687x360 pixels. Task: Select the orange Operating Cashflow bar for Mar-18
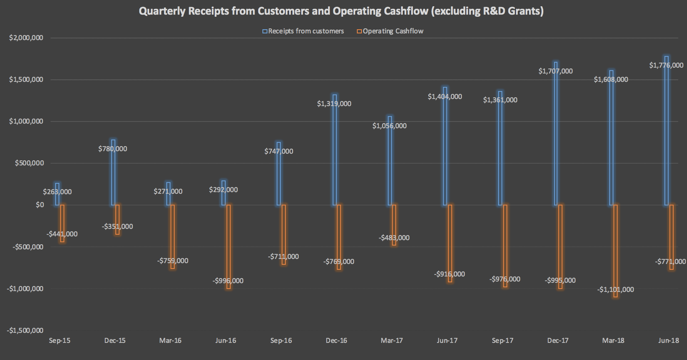pyautogui.click(x=615, y=251)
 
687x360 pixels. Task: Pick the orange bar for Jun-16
pyautogui.click(x=229, y=246)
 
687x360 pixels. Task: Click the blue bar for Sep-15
pyautogui.click(x=57, y=194)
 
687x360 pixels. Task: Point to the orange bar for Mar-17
pyautogui.click(x=394, y=225)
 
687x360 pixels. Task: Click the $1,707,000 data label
pyautogui.click(x=555, y=71)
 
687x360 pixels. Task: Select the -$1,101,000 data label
pyautogui.click(x=615, y=289)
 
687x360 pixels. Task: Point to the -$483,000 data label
pyautogui.click(x=394, y=238)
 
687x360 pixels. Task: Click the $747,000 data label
pyautogui.click(x=279, y=151)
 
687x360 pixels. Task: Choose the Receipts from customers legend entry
pyautogui.click(x=303, y=31)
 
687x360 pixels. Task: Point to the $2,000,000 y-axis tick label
pyautogui.click(x=26, y=38)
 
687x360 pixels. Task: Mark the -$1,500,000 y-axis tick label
pyautogui.click(x=25, y=330)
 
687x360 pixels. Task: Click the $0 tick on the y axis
pyautogui.click(x=40, y=205)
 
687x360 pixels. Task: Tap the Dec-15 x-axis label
pyautogui.click(x=114, y=340)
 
